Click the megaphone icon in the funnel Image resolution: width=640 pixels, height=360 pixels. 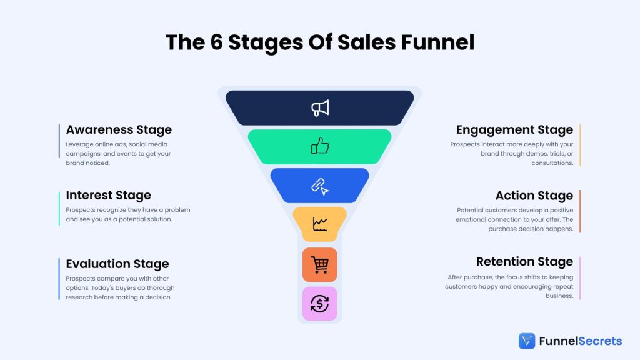pos(320,108)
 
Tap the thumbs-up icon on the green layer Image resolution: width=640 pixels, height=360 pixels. pos(320,146)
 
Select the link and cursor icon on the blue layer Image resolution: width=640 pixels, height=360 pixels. pos(320,186)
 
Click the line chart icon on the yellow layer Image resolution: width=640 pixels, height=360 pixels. pos(320,224)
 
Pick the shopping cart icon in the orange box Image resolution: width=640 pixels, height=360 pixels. pos(320,264)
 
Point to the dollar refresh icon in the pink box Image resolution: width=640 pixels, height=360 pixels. pos(320,304)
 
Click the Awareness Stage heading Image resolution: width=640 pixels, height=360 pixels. pos(119,130)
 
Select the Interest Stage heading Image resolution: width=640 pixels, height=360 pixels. pos(108,196)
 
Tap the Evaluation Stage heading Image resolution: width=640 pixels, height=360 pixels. pos(117,264)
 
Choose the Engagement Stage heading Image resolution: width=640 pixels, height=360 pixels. pos(514,130)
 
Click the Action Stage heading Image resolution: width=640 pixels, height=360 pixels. pos(534,196)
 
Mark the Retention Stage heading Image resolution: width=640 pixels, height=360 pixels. pos(524,261)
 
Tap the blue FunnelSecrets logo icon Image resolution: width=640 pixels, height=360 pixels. pos(527,341)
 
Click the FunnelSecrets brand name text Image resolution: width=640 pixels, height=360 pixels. pos(580,341)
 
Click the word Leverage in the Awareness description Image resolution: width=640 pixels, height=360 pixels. pos(79,144)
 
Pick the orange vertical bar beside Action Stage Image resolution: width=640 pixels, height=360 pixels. pos(580,211)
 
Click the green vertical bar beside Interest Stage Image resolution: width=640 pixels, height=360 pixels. pos(59,208)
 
